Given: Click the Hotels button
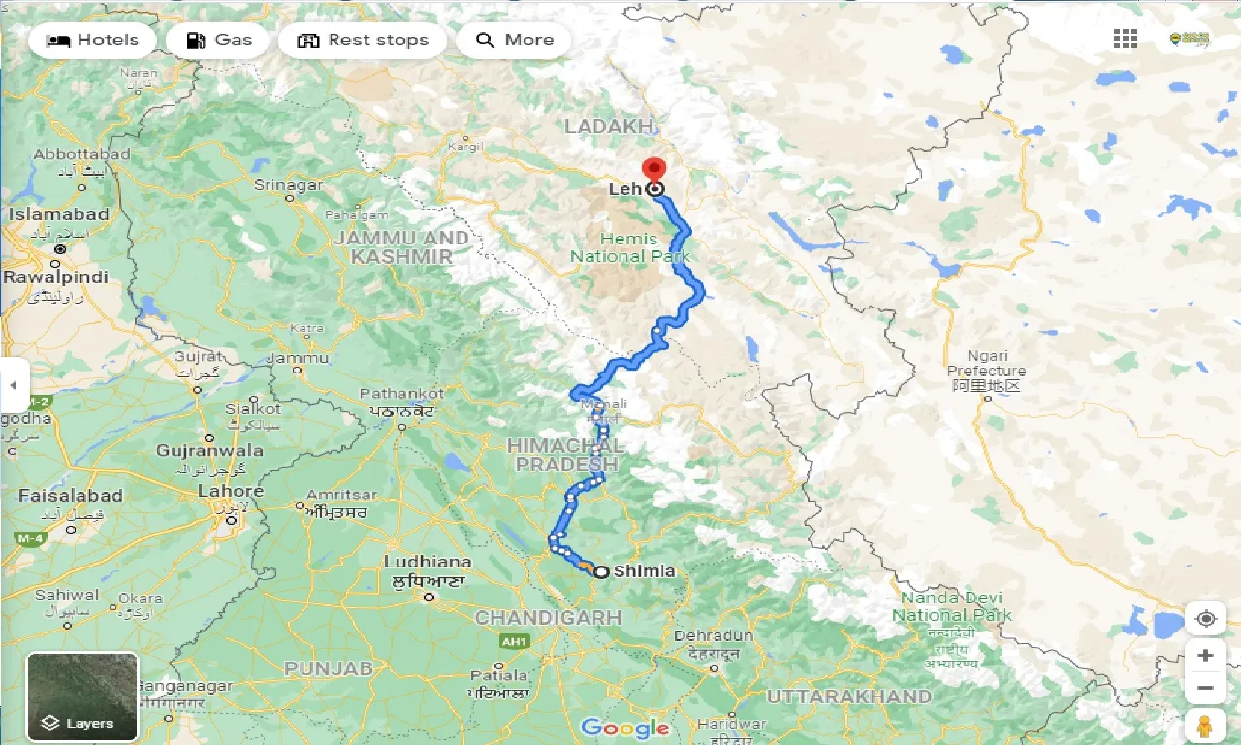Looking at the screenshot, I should (92, 40).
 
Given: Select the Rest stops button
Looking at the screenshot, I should (362, 40).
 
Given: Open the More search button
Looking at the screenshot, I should (514, 40).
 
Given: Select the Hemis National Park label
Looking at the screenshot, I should (629, 247).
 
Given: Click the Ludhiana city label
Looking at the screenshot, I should (428, 562).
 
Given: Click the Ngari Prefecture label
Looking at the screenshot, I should (986, 364).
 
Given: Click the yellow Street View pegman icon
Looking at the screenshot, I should (1205, 726).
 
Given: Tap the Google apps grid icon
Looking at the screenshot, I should (1126, 39).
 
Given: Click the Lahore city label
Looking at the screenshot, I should (231, 491).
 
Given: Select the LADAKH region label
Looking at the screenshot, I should (610, 126).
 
